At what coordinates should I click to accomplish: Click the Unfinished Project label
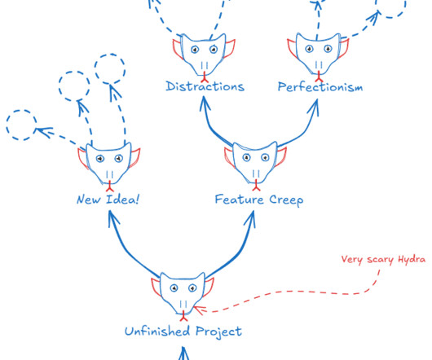click(183, 331)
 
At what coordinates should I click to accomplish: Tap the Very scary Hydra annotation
click(383, 259)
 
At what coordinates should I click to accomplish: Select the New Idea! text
click(108, 200)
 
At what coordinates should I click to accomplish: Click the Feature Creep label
click(259, 200)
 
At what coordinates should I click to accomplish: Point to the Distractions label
click(205, 86)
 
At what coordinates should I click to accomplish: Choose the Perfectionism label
click(320, 87)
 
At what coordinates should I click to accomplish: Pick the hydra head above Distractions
click(204, 55)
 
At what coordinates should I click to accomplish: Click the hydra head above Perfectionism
click(318, 55)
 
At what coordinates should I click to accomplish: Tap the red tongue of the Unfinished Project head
click(183, 316)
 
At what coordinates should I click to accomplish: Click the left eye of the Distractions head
click(195, 50)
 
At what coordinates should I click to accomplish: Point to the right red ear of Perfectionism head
click(343, 48)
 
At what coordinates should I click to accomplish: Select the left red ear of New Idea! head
click(83, 159)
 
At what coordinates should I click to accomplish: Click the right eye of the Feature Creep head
click(265, 158)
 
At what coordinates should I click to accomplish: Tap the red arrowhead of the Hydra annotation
click(199, 310)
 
